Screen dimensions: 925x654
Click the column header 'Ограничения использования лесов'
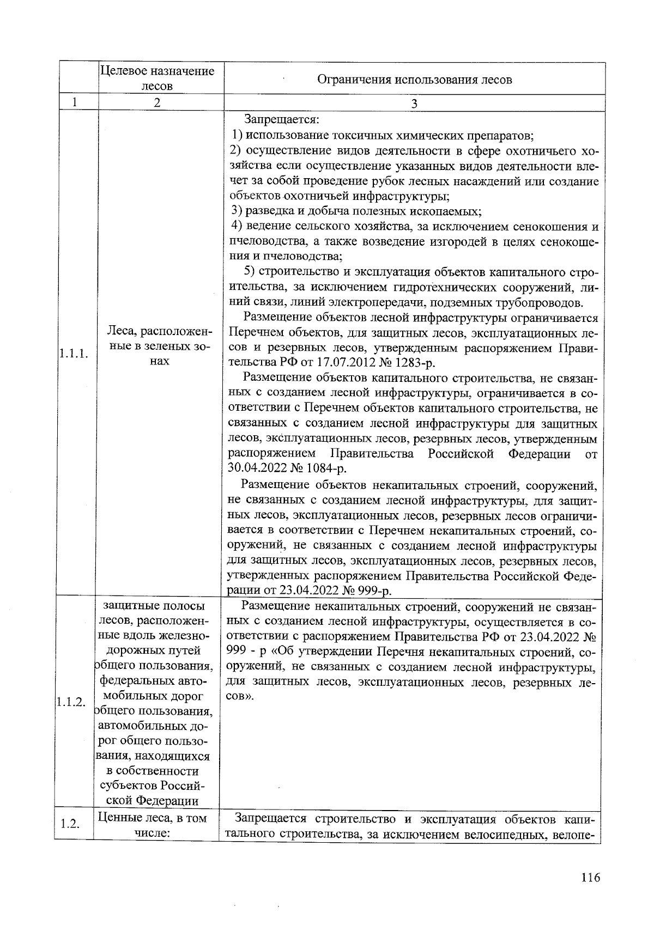coord(414,80)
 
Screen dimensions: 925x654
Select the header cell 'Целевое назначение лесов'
coord(158,78)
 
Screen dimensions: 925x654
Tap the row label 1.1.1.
coord(74,354)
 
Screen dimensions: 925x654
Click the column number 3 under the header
coord(414,104)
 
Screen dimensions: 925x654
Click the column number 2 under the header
coord(157,103)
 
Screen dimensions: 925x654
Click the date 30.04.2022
coord(256,468)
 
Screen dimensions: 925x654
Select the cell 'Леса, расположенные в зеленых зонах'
coord(159,346)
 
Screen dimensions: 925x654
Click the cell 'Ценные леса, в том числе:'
coord(156,826)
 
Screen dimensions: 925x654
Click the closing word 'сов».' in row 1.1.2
coord(240,697)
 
